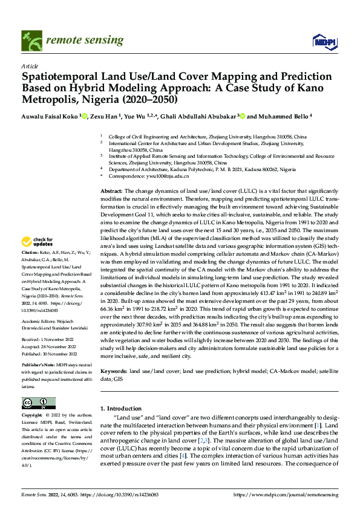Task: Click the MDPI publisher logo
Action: pos(321,41)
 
